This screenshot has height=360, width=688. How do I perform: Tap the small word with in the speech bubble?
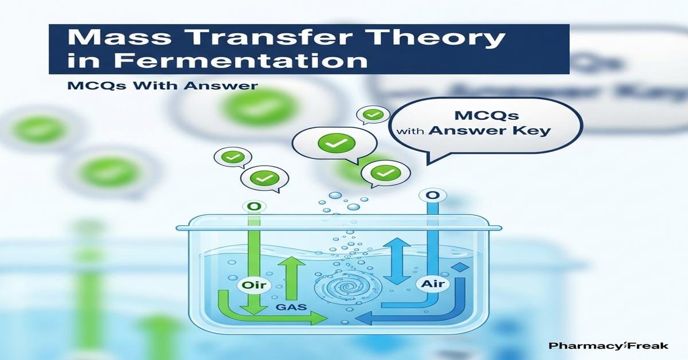point(409,132)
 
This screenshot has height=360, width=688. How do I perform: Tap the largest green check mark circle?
point(333,144)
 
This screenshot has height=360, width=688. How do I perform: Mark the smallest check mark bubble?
point(373,115)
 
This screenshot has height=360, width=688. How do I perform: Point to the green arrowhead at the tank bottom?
point(318,319)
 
